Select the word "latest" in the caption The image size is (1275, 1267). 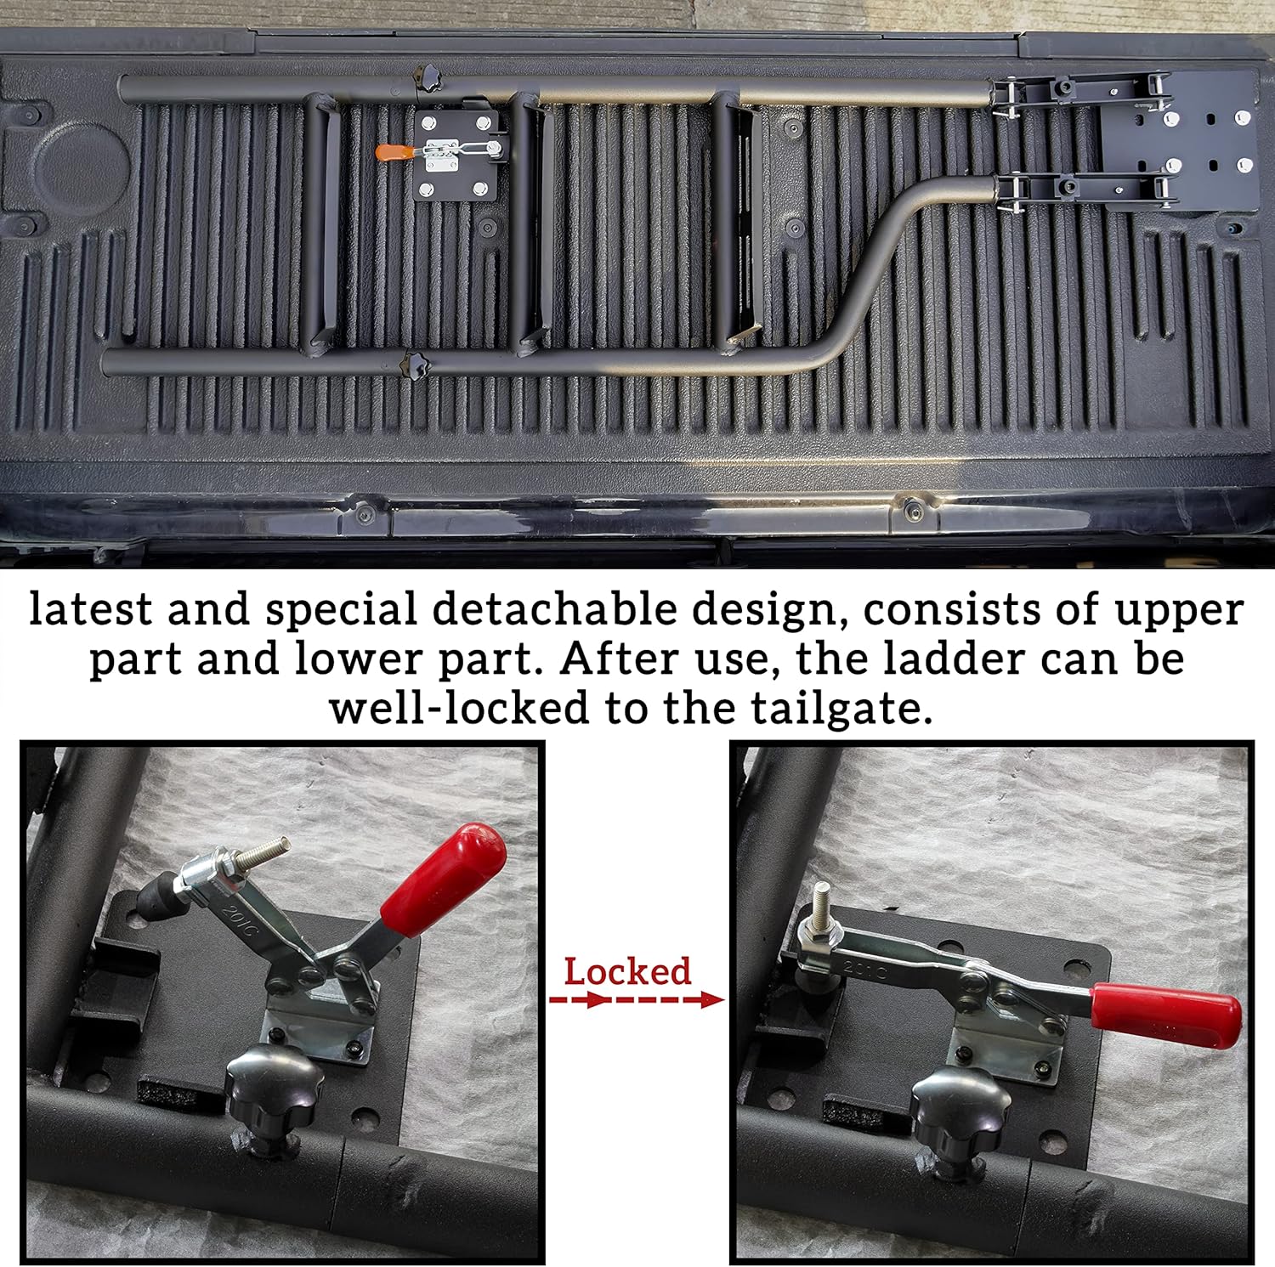pos(92,609)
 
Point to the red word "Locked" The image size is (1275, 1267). pos(627,971)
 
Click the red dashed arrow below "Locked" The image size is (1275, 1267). pos(636,1000)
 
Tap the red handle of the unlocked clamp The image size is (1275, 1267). pos(444,879)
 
